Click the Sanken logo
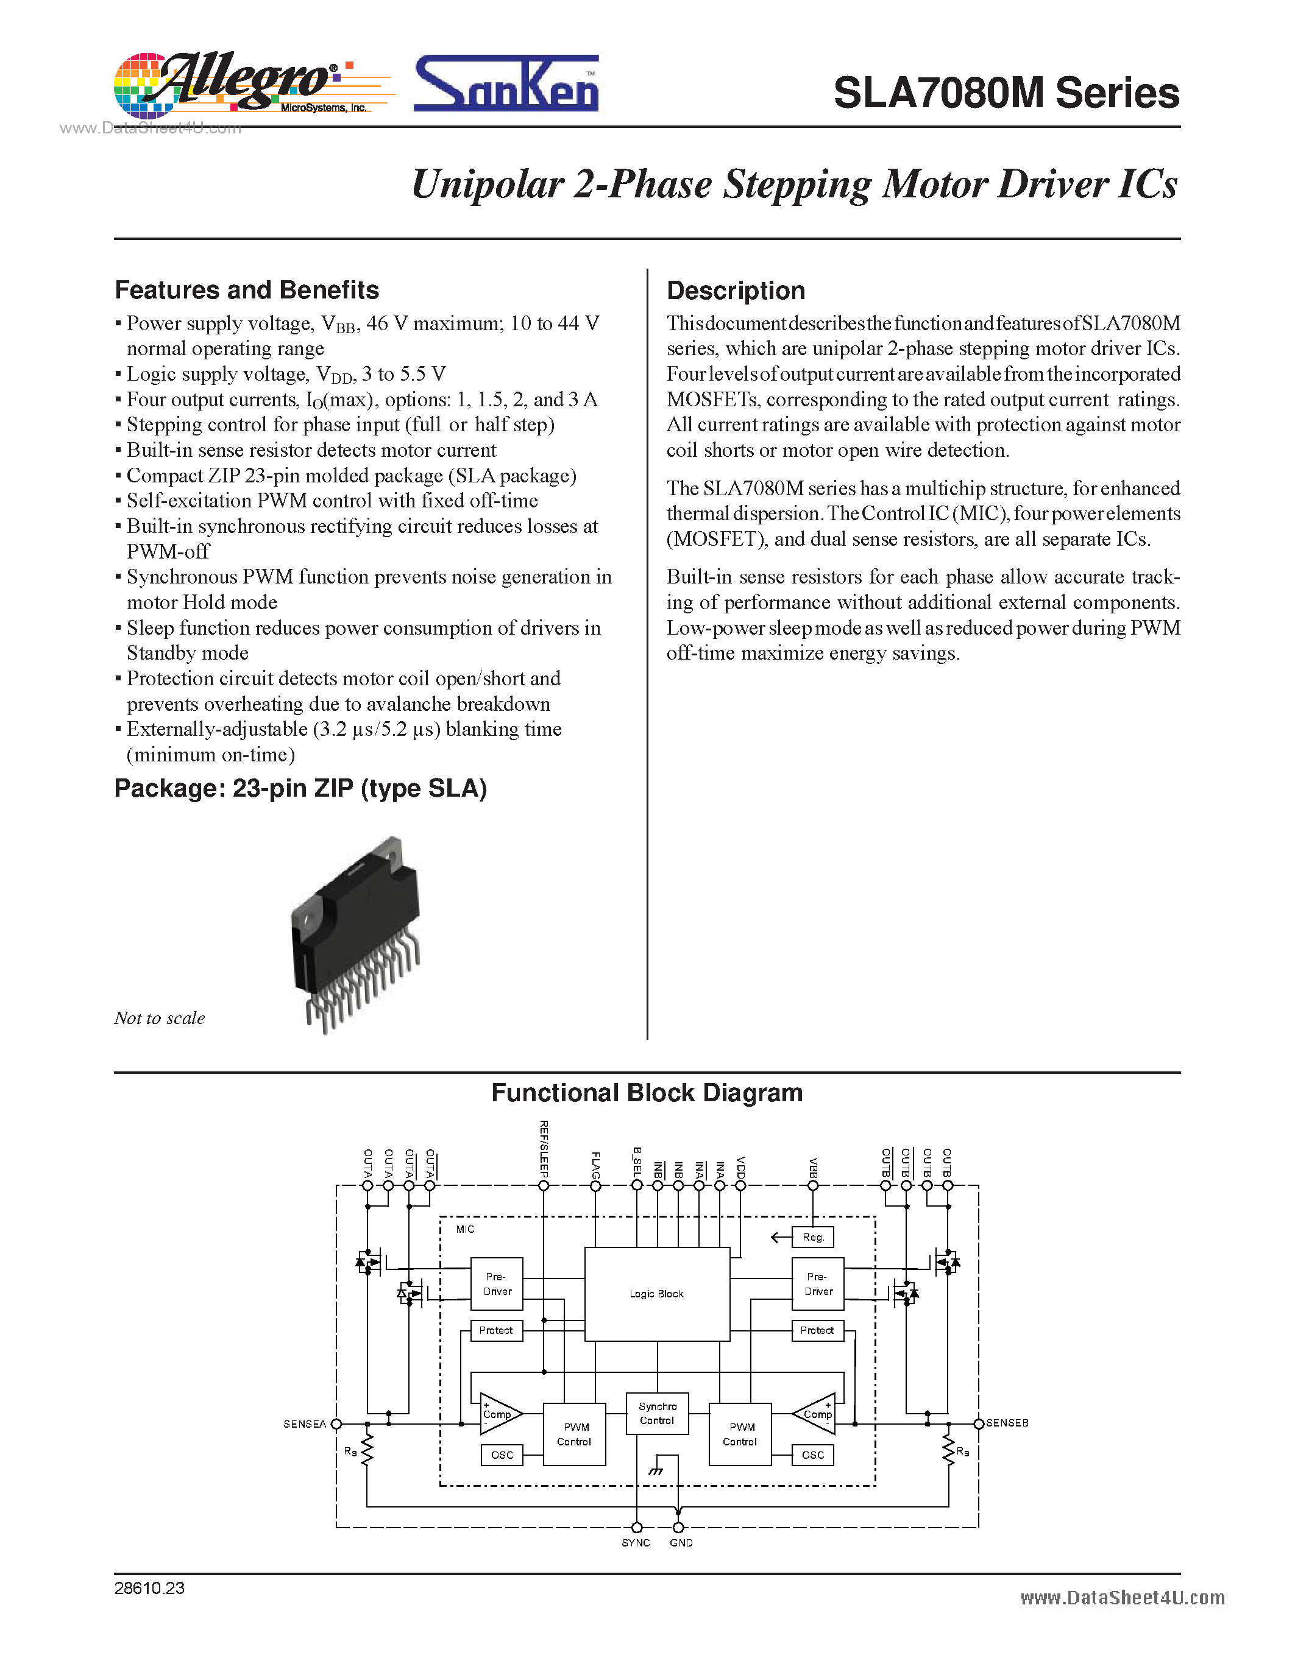506,85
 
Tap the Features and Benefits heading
246,290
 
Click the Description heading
735,291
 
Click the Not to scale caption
160,1018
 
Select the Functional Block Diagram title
647,1092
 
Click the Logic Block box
657,1294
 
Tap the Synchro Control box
658,1414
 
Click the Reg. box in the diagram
813,1237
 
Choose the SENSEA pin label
305,1424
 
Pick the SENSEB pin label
1007,1423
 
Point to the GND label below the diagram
681,1543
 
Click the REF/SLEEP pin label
544,1149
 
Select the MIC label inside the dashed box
465,1229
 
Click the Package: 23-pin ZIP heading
300,788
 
